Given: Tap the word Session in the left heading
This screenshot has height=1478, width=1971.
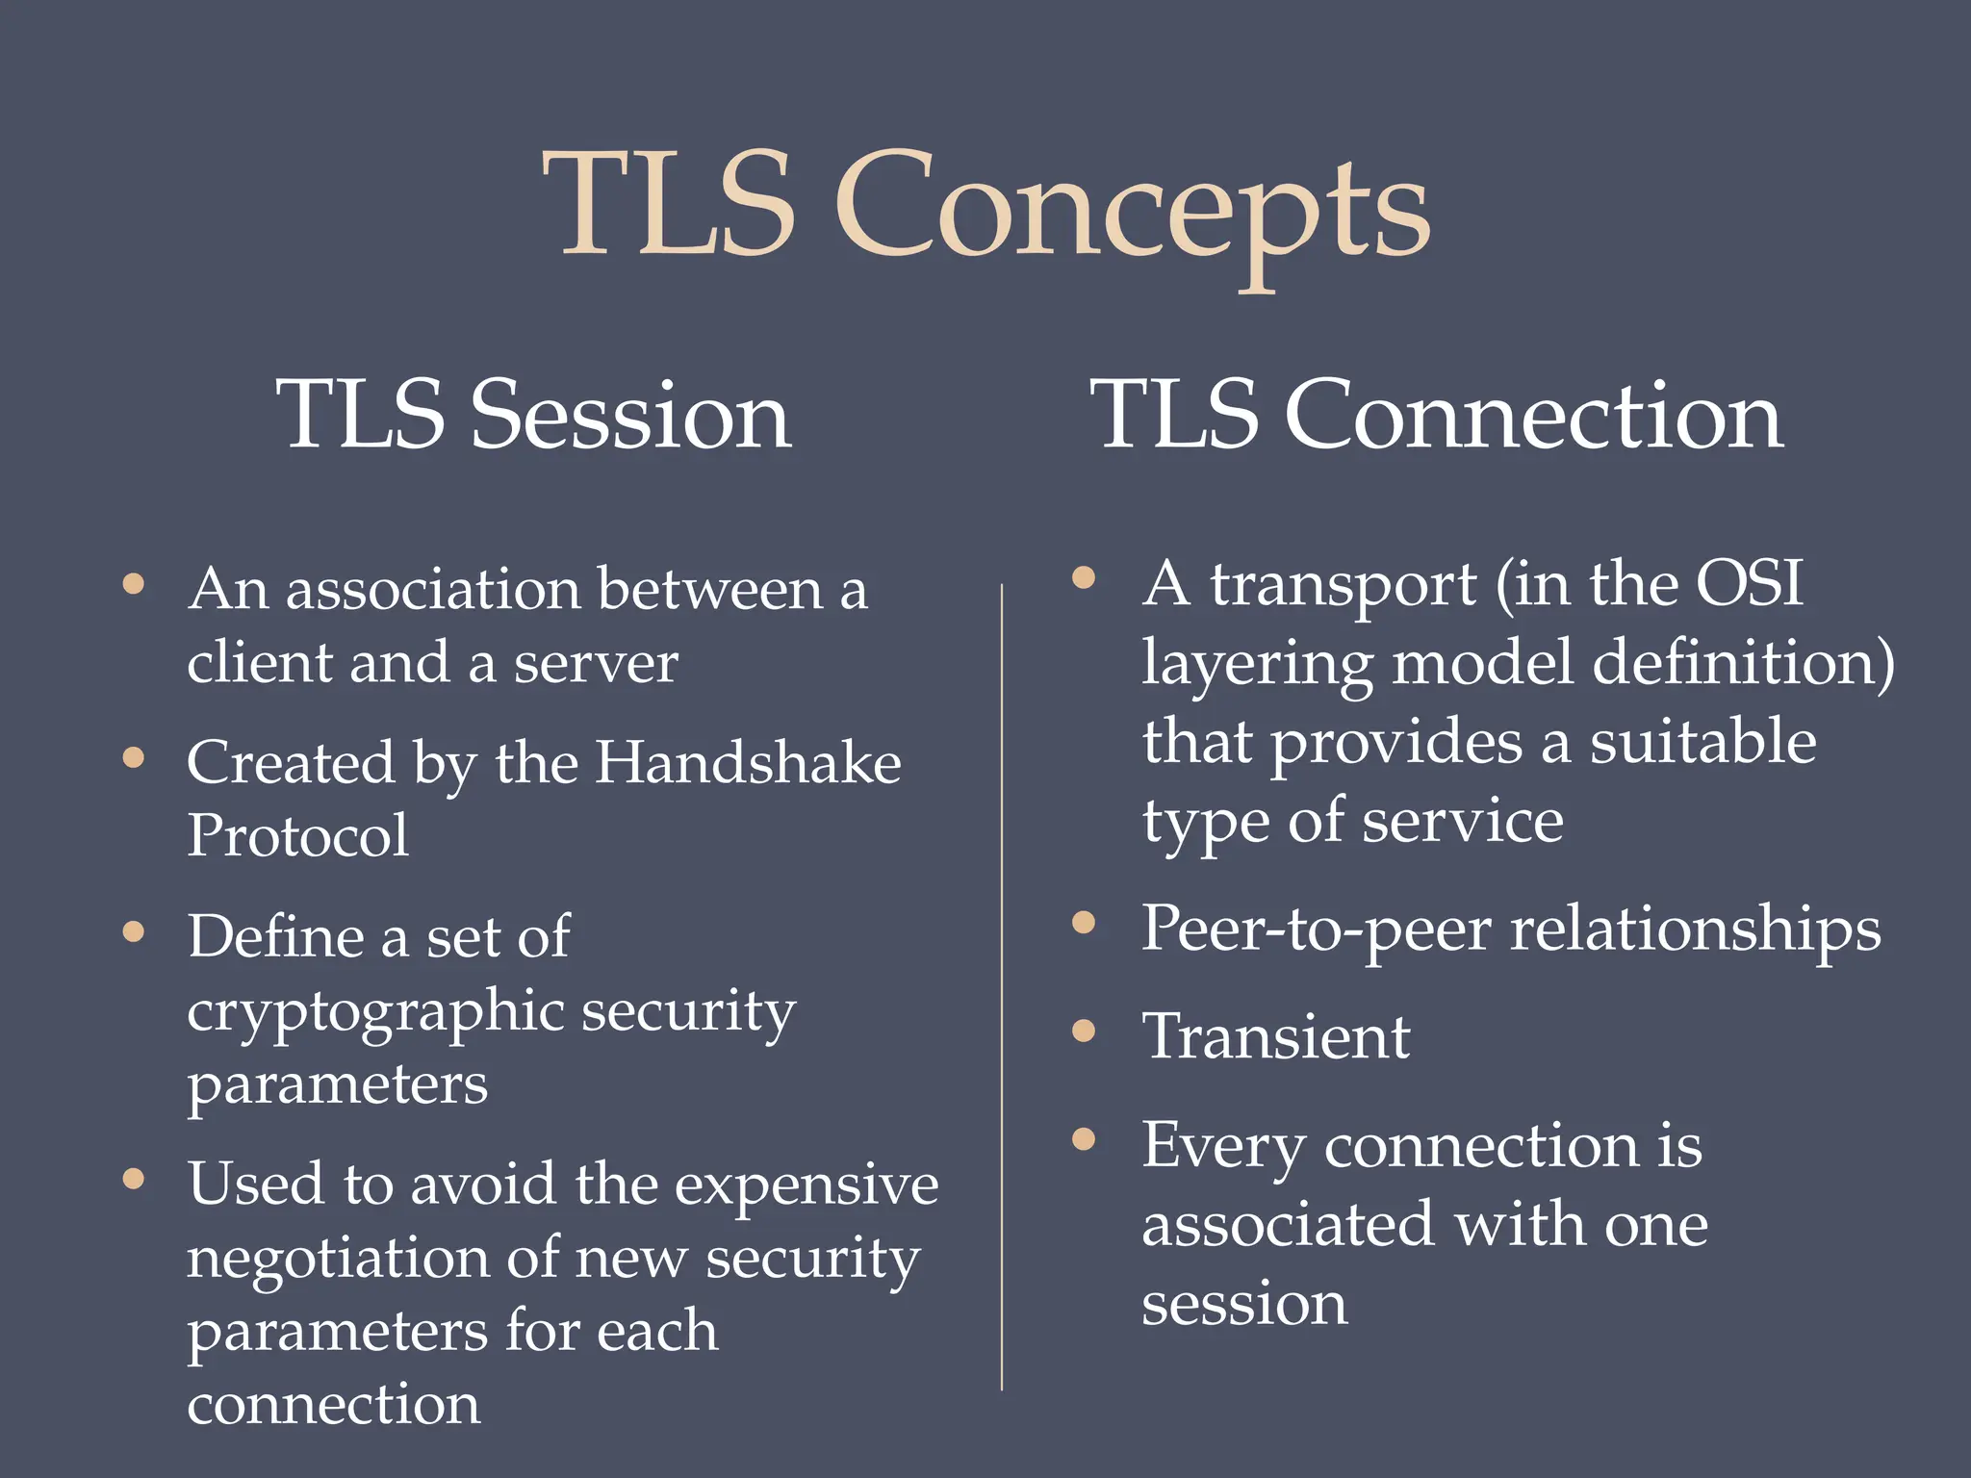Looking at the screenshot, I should point(630,416).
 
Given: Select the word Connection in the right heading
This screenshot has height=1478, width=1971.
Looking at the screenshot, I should point(1534,416).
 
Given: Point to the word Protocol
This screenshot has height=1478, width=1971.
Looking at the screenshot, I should point(297,835).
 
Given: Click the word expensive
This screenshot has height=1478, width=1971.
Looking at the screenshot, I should point(806,1185).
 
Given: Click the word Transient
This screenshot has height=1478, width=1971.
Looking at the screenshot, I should point(1275,1037).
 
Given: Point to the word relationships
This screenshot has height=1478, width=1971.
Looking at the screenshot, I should point(1695,930).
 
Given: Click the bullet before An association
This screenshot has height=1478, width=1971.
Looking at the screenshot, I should point(134,583).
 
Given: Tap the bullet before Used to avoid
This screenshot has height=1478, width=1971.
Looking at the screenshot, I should point(134,1178).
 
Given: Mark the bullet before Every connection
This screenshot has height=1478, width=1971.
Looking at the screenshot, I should point(1084,1139).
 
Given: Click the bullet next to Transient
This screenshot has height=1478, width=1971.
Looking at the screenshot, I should point(1084,1031).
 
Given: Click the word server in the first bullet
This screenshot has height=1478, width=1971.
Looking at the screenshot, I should point(596,664).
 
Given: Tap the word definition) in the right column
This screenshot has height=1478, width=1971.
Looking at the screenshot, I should point(1743,663).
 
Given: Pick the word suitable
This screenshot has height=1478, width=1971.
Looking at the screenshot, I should point(1702,743).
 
